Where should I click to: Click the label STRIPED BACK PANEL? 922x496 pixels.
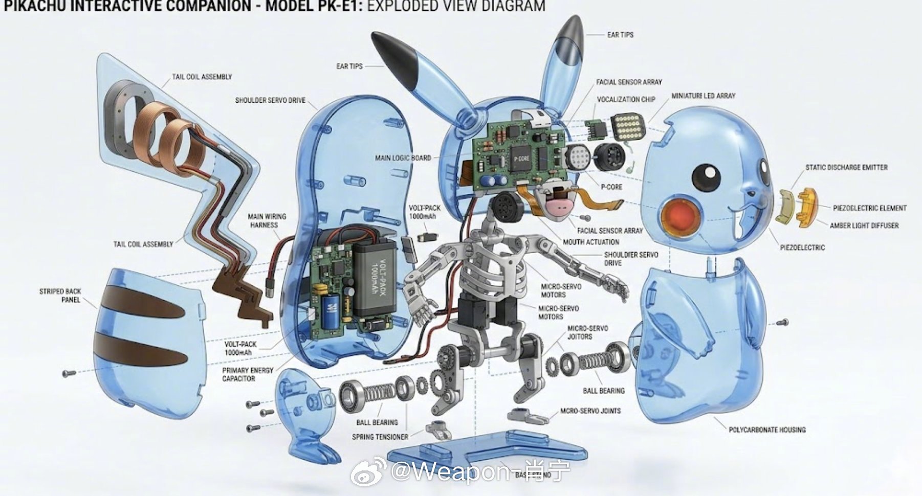tap(60, 296)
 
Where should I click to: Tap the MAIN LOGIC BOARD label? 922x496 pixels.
tap(403, 158)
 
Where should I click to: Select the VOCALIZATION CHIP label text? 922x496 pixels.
tap(626, 99)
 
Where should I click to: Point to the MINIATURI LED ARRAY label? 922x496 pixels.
tap(703, 96)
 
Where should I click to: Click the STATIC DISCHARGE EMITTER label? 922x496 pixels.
tap(846, 167)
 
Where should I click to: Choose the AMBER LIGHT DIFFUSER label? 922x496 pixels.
tap(864, 226)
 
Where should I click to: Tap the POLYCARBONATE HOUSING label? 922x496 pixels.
tap(766, 430)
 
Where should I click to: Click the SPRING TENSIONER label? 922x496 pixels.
tap(380, 437)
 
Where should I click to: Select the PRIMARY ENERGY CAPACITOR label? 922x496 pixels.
tap(247, 374)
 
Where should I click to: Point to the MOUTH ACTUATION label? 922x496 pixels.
tap(590, 242)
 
